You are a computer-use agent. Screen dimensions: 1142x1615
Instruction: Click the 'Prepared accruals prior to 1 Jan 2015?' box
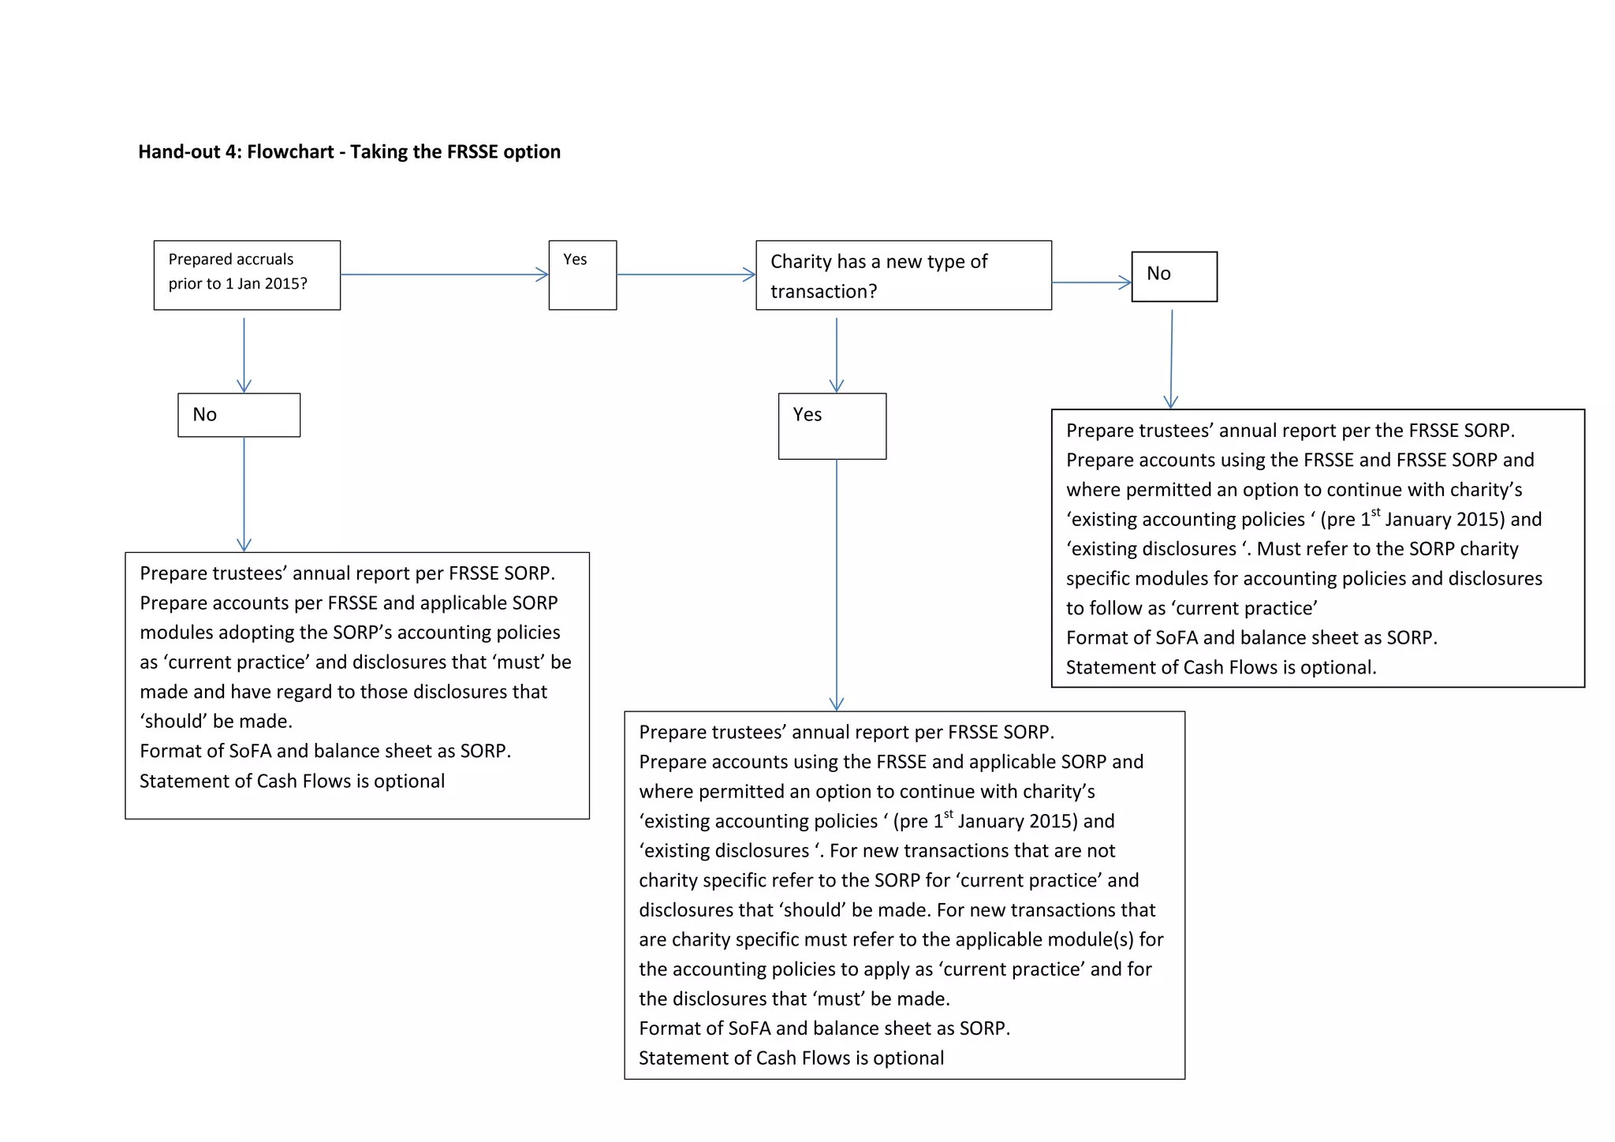[x=247, y=274]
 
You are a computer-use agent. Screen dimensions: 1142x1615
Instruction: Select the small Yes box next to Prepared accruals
[x=582, y=274]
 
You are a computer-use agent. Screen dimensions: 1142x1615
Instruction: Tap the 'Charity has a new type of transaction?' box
[x=903, y=275]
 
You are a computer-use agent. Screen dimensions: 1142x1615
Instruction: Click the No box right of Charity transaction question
[x=1173, y=276]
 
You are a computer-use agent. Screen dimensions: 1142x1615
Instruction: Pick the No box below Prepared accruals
[x=239, y=415]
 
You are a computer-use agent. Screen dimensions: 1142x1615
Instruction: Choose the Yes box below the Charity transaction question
[x=832, y=426]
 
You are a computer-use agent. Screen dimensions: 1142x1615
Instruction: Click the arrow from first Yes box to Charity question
[x=685, y=274]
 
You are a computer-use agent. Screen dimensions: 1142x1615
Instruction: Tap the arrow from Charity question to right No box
[x=1091, y=282]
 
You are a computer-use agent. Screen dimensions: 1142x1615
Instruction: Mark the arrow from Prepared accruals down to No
[x=244, y=354]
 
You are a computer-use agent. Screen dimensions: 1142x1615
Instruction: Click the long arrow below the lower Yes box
[x=837, y=584]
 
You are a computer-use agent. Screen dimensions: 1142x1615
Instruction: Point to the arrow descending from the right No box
[x=1172, y=359]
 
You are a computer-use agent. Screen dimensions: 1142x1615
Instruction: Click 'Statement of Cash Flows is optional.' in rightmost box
[x=1221, y=667]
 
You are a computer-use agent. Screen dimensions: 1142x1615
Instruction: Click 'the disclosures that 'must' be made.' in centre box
[x=794, y=998]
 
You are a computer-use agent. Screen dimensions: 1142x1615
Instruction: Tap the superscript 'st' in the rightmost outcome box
[x=1375, y=513]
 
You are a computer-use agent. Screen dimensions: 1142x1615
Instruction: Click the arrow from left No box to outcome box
[x=244, y=494]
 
